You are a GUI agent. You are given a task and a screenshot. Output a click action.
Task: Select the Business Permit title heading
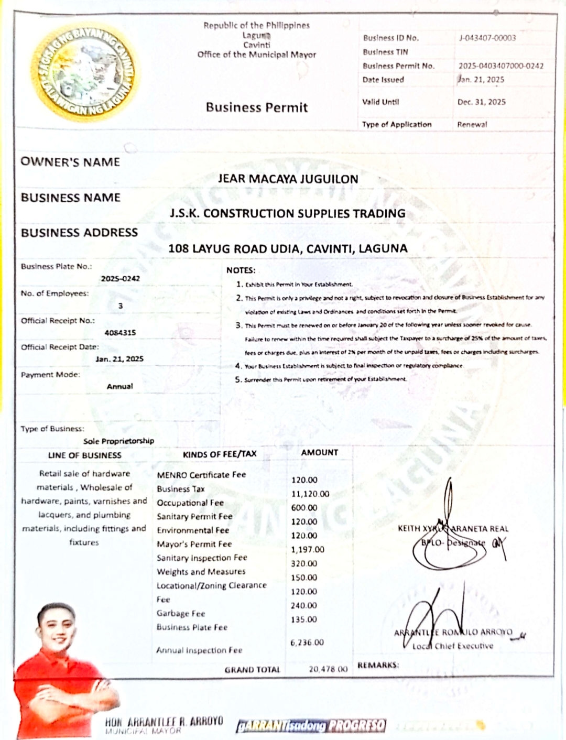click(x=256, y=107)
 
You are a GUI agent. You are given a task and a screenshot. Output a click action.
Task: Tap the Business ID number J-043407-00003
click(x=487, y=38)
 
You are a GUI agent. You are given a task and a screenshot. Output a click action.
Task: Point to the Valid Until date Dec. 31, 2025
click(x=481, y=102)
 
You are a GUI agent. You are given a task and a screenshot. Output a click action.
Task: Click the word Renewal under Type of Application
click(x=472, y=124)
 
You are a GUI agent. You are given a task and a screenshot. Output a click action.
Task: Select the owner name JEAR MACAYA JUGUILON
click(x=288, y=179)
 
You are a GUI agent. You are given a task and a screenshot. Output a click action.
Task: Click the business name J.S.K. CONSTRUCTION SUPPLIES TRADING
click(x=287, y=213)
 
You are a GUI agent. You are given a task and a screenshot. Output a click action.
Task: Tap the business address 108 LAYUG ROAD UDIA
click(x=287, y=248)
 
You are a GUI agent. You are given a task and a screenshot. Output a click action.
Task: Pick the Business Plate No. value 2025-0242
click(x=120, y=278)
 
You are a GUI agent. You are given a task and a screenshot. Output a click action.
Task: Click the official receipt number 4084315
click(x=120, y=332)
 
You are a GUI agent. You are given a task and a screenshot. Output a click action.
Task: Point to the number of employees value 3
click(x=121, y=306)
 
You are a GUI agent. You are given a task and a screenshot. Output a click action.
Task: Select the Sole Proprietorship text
click(x=118, y=441)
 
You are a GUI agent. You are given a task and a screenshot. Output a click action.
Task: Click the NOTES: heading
click(x=241, y=270)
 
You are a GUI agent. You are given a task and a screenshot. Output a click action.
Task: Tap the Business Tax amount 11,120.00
click(x=310, y=494)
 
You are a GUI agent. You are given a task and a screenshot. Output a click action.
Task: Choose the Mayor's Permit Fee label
click(x=194, y=544)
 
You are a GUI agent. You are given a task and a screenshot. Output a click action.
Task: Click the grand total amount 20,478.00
click(x=328, y=669)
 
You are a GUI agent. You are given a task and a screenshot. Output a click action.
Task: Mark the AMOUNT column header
click(x=319, y=452)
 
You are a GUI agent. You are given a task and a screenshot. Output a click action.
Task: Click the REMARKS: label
click(x=378, y=665)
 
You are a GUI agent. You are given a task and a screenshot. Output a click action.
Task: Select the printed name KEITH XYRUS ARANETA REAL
click(x=453, y=528)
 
